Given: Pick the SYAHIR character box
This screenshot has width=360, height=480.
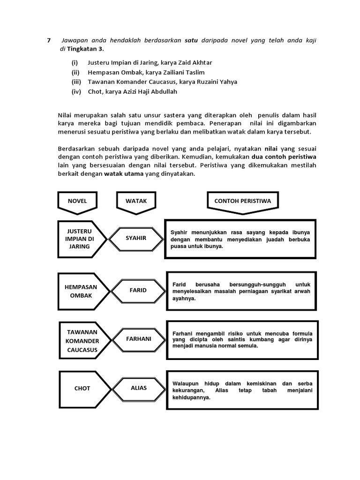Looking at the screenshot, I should pos(136,238).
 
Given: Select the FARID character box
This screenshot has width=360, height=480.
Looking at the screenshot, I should pos(138,290).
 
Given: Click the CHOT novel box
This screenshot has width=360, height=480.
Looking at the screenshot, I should pos(82,389).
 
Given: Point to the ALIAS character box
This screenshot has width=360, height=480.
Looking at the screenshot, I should pos(138,388).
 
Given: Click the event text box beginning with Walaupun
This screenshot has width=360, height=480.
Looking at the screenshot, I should pos(242,389).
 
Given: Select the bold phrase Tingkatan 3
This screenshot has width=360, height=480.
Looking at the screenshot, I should pos(84,49).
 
